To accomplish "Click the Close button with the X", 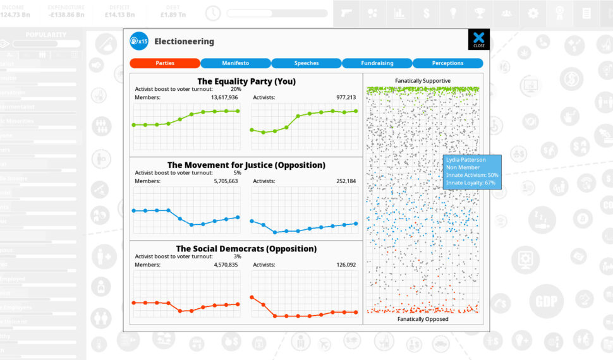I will coord(478,39).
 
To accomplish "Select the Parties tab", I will coord(165,63).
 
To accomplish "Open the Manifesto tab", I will coord(236,63).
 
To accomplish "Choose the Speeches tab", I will coord(306,63).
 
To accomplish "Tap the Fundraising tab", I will coord(377,63).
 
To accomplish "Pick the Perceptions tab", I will coord(447,63).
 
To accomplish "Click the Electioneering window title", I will coord(184,42).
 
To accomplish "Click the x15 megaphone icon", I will coord(138,42).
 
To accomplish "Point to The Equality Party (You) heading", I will coord(246,81).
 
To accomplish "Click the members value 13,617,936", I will coord(224,97).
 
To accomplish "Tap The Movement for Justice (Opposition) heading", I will coord(246,165).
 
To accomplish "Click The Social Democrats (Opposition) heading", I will coord(246,249).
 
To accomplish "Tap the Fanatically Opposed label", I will coord(423,319).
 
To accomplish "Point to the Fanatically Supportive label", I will coord(423,81).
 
